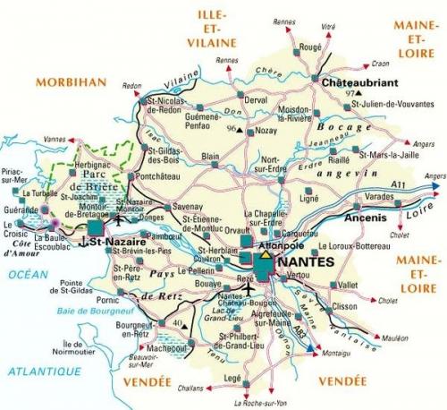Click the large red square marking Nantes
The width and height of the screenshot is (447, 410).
[266, 266]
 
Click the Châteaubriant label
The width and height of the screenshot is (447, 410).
[355, 80]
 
